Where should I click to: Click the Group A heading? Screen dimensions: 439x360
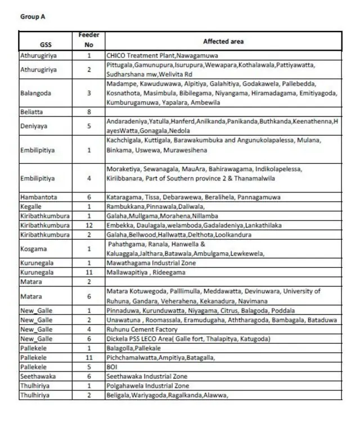(x=33, y=17)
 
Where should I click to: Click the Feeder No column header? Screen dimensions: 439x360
(x=89, y=40)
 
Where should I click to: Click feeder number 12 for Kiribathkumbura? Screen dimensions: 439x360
(x=89, y=225)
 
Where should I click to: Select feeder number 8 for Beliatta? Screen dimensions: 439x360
(x=89, y=112)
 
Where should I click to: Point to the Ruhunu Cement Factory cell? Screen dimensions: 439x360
(x=142, y=330)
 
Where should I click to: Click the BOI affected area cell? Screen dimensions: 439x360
(x=111, y=367)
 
